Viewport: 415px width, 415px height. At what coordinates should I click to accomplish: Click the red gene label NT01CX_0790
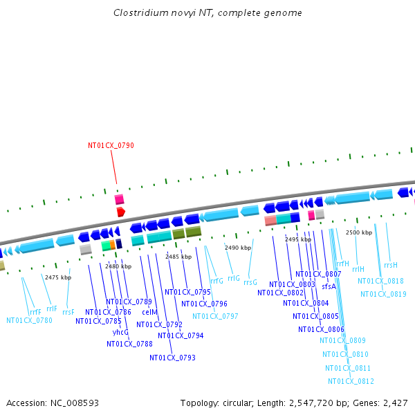coord(111,146)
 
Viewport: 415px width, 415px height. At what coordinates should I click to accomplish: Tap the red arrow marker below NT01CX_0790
coord(120,212)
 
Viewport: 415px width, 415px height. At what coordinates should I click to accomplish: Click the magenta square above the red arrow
coord(120,199)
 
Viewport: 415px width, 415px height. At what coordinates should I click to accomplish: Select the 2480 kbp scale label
coord(118,266)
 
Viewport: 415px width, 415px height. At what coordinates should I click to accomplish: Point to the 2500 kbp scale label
coord(359,233)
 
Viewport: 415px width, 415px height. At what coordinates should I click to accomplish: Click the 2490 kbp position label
coord(237,248)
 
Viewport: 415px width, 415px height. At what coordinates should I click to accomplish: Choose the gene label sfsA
coord(329,286)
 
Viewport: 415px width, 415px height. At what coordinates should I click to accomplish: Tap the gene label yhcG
coord(120,332)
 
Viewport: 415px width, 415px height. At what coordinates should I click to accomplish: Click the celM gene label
coord(150,313)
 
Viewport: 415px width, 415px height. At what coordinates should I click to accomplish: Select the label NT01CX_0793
coord(172,358)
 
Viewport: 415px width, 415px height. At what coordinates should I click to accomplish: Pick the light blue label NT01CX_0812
coord(351,382)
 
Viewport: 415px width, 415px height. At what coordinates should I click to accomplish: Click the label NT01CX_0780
coord(29,320)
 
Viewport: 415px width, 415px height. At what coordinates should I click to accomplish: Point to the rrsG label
coord(250,282)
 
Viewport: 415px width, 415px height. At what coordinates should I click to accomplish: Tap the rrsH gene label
coord(391,265)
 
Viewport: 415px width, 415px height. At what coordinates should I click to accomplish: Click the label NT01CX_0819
coord(383,295)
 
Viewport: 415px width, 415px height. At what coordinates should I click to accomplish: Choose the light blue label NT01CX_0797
coord(215,316)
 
